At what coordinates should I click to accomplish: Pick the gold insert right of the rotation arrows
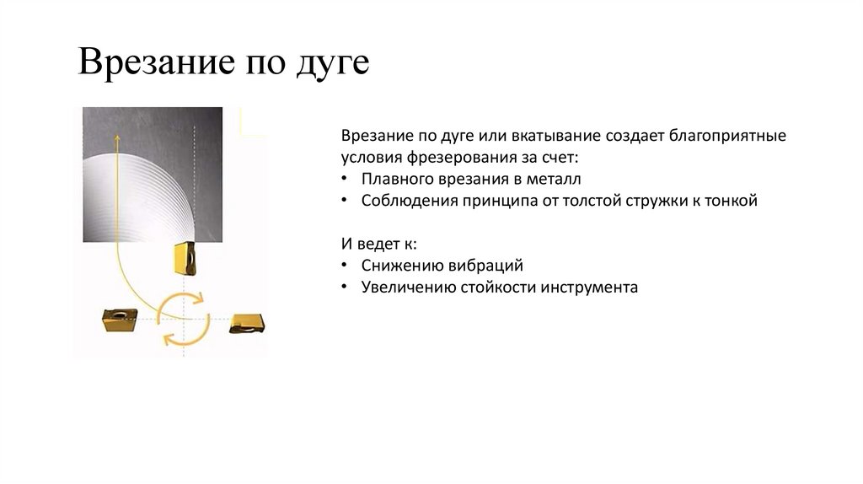(x=249, y=321)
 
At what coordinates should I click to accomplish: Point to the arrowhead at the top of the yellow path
(x=116, y=140)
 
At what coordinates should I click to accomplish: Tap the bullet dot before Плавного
(x=346, y=179)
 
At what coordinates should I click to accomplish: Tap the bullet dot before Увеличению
(x=346, y=288)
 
